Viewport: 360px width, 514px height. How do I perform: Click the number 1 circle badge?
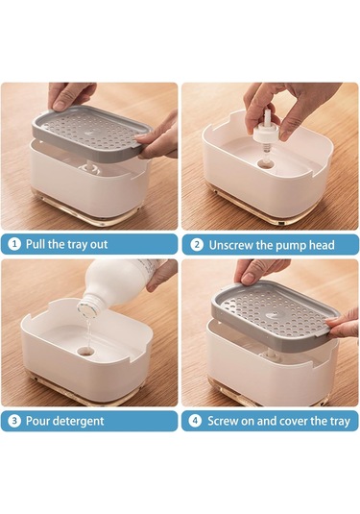14,244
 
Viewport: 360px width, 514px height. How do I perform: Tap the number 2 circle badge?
197,245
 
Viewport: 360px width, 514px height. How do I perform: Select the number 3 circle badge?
14,421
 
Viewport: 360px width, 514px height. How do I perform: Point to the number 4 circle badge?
195,421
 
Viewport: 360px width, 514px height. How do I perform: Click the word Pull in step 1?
36,244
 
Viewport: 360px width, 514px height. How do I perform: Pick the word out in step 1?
99,245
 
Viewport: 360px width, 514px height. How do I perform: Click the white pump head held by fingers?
266,130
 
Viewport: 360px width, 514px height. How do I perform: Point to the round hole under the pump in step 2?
266,163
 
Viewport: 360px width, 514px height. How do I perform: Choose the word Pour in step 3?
38,421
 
